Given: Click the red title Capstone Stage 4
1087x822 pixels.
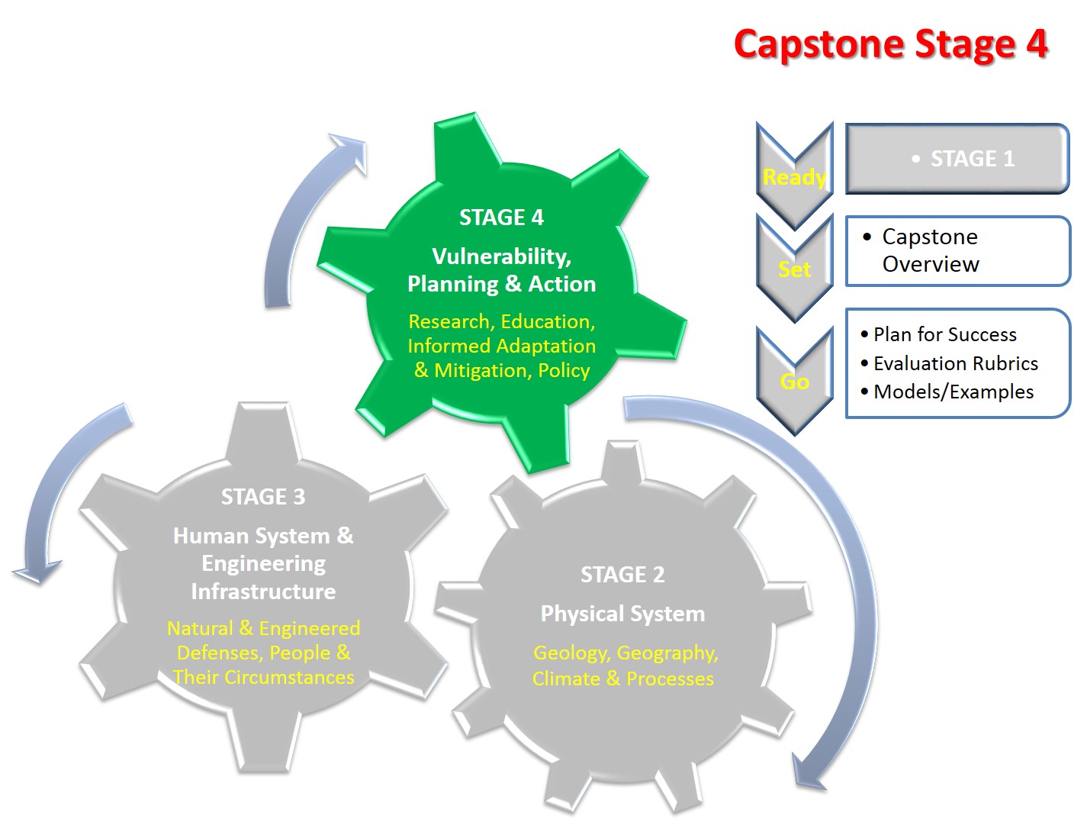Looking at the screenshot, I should pyautogui.click(x=890, y=44).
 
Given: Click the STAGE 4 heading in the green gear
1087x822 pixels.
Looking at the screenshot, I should pyautogui.click(x=501, y=218).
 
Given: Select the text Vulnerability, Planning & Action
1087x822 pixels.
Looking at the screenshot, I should pyautogui.click(x=501, y=270).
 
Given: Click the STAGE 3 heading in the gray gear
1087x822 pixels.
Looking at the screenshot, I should pyautogui.click(x=263, y=497).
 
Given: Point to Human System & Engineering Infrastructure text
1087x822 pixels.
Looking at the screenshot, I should pyautogui.click(x=263, y=563).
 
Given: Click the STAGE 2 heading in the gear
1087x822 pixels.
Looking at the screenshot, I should pyautogui.click(x=622, y=575).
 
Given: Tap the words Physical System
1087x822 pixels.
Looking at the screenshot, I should pyautogui.click(x=622, y=614).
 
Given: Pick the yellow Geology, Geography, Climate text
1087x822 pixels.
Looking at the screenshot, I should pyautogui.click(x=624, y=666).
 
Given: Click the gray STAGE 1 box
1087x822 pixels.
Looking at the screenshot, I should pyautogui.click(x=957, y=159).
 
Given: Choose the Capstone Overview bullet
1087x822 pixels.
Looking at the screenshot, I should pyautogui.click(x=930, y=250).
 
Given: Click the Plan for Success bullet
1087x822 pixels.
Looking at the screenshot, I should pyautogui.click(x=944, y=334).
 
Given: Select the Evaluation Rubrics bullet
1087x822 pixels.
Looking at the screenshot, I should pyautogui.click(x=955, y=363).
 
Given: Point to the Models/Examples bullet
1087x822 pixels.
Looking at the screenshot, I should pyautogui.click(x=953, y=392).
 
